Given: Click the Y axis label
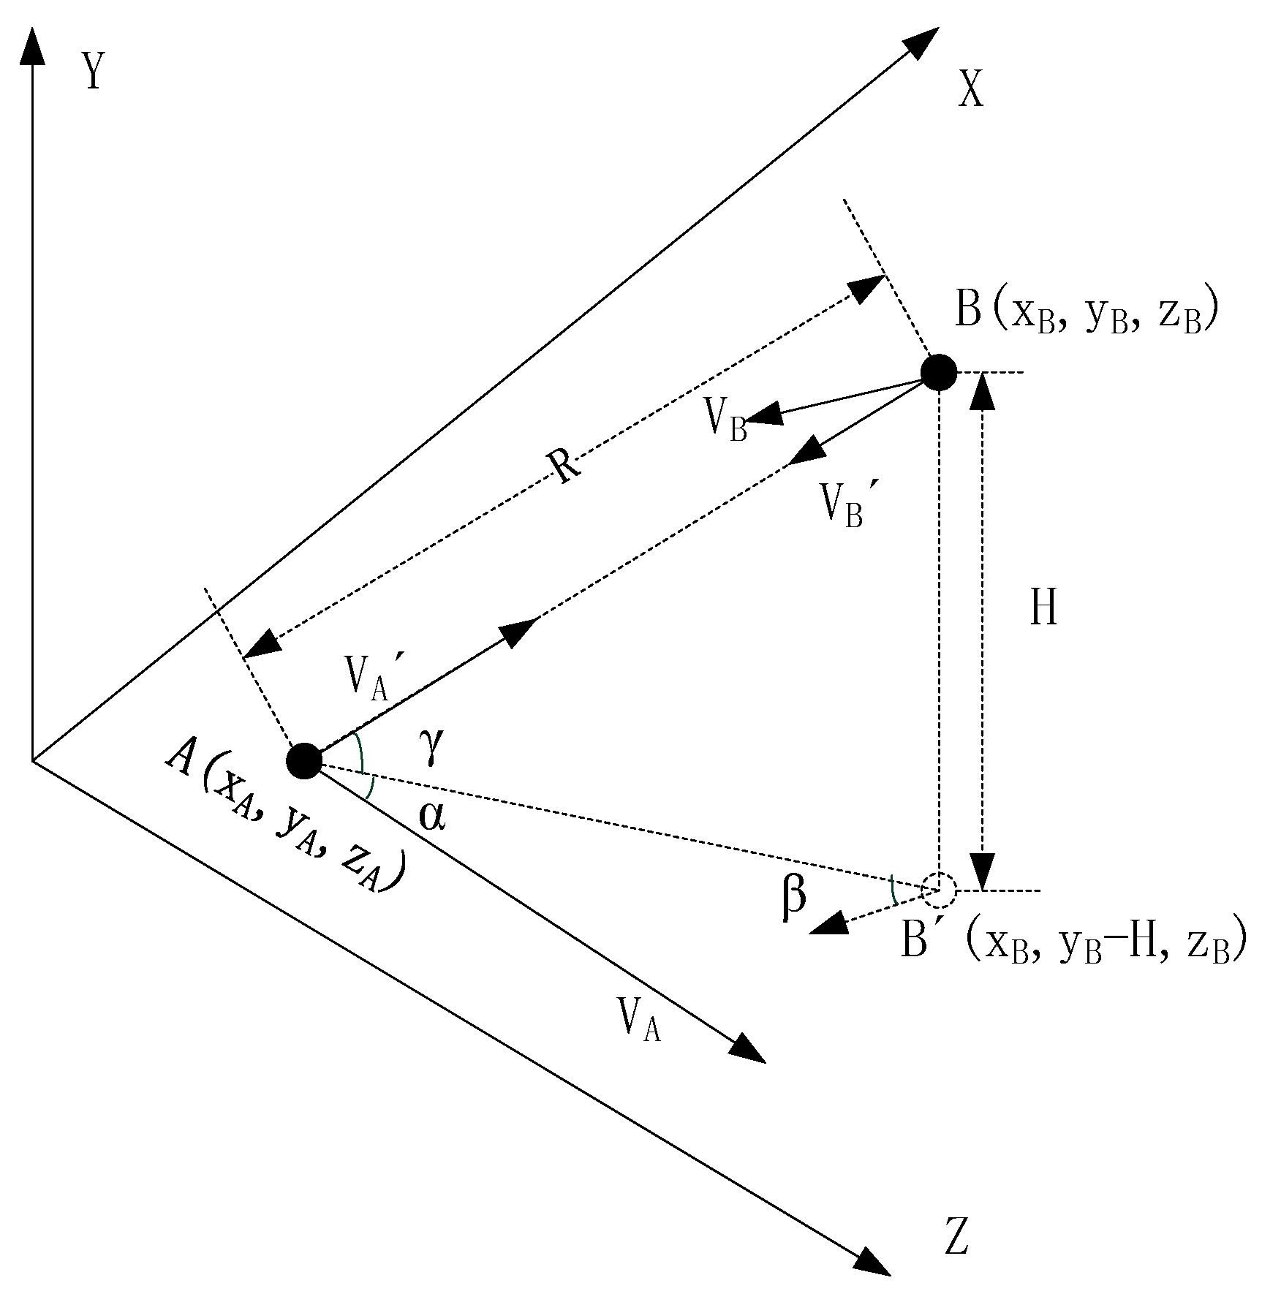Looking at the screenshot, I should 92,72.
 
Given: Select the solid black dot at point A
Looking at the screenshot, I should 303,762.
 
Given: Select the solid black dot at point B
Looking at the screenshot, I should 938,372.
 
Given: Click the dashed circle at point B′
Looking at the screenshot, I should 938,890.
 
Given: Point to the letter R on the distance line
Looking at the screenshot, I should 566,465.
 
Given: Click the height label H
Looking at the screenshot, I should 1043,608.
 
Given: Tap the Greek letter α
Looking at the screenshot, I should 431,816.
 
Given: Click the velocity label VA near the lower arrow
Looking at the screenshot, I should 639,1019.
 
